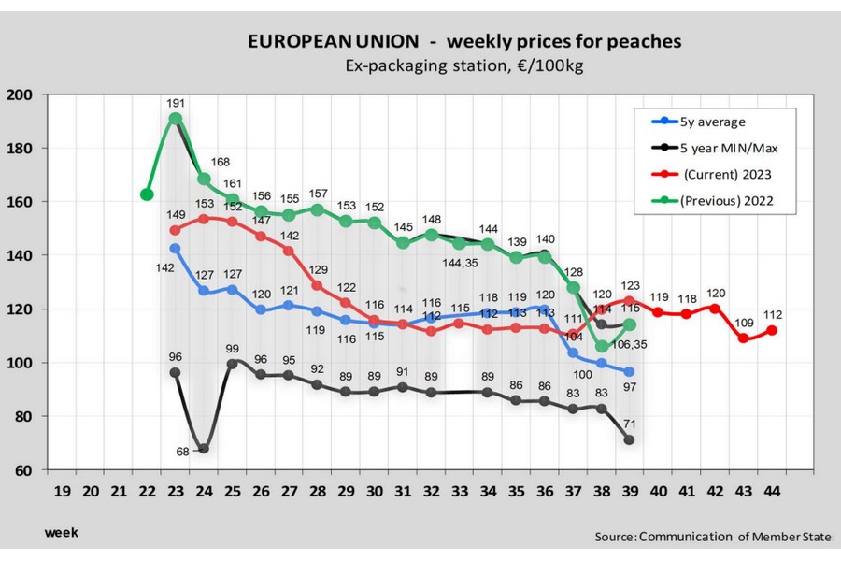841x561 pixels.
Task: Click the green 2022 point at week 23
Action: tap(175, 120)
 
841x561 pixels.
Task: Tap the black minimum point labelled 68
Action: tap(202, 449)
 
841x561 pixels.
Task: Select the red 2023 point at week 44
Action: tap(771, 330)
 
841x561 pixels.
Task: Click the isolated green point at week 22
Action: tap(147, 194)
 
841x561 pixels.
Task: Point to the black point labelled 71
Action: tap(629, 439)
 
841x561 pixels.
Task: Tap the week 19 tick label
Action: tap(63, 490)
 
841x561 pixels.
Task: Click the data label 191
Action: tap(177, 102)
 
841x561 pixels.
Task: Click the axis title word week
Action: tap(62, 533)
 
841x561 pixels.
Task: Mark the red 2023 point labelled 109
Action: tap(744, 338)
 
